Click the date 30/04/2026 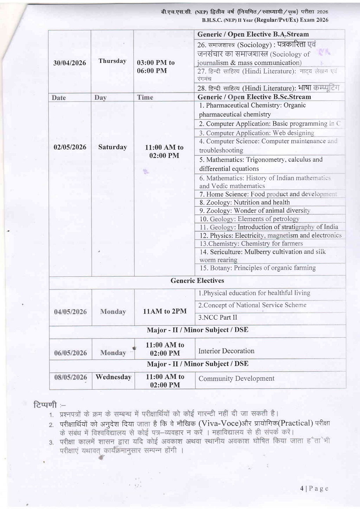point(70,63)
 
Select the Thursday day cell point(112,61)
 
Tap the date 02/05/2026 point(70,147)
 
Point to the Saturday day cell point(112,147)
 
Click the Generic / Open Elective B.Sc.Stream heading point(254,97)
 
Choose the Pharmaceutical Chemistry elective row point(252,110)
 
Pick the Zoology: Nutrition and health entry point(245,202)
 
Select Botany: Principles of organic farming point(257,268)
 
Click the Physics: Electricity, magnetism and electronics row point(270,235)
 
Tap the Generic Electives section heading point(197,281)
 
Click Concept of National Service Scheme point(252,305)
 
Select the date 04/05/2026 point(70,312)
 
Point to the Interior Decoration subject point(226,351)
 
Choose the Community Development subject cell point(236,379)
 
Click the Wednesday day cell point(113,377)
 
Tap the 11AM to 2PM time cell point(165,311)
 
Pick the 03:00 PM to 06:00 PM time point(156,66)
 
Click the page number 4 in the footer point(302,488)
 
